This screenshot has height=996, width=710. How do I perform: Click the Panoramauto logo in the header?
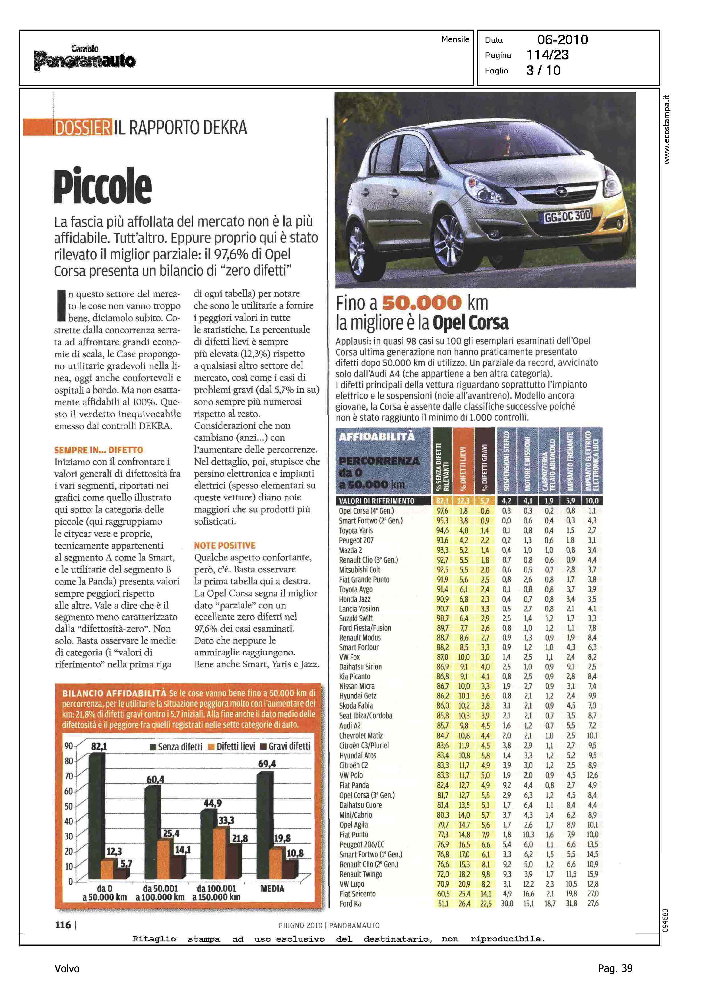pyautogui.click(x=85, y=58)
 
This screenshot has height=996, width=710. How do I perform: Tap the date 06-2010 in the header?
pyautogui.click(x=562, y=40)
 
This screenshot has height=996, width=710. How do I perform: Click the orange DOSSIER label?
pyautogui.click(x=82, y=127)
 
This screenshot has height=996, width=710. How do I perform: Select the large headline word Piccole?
pyautogui.click(x=103, y=186)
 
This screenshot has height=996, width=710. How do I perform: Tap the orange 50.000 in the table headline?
pyautogui.click(x=422, y=302)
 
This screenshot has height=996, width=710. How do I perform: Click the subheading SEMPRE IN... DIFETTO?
pyautogui.click(x=98, y=450)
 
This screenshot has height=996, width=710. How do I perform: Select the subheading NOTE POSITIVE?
pyautogui.click(x=225, y=545)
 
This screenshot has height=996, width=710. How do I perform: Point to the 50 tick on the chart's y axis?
pyautogui.click(x=69, y=806)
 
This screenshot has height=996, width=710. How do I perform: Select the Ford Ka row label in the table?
pyautogui.click(x=350, y=903)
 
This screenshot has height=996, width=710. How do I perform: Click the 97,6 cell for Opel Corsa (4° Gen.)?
pyautogui.click(x=442, y=511)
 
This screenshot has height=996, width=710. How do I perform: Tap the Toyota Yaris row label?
pyautogui.click(x=356, y=530)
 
